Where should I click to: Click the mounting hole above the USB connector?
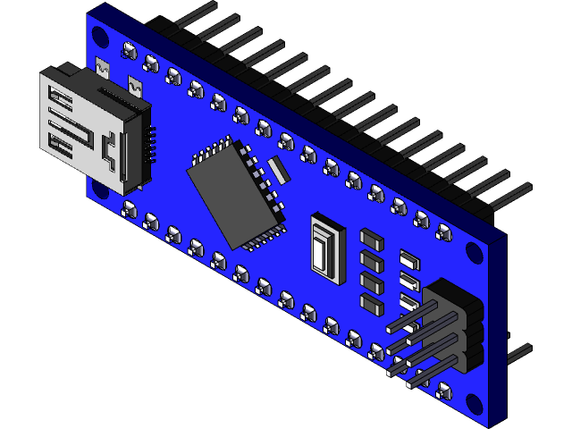pyautogui.click(x=99, y=37)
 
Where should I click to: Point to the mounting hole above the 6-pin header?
pyautogui.click(x=475, y=253)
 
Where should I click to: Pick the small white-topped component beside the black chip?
pyautogui.click(x=277, y=167)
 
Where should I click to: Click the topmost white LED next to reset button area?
pyautogui.click(x=410, y=260)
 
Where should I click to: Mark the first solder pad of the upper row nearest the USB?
pyautogui.click(x=129, y=50)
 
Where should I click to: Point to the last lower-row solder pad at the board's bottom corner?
pyautogui.click(x=443, y=391)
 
